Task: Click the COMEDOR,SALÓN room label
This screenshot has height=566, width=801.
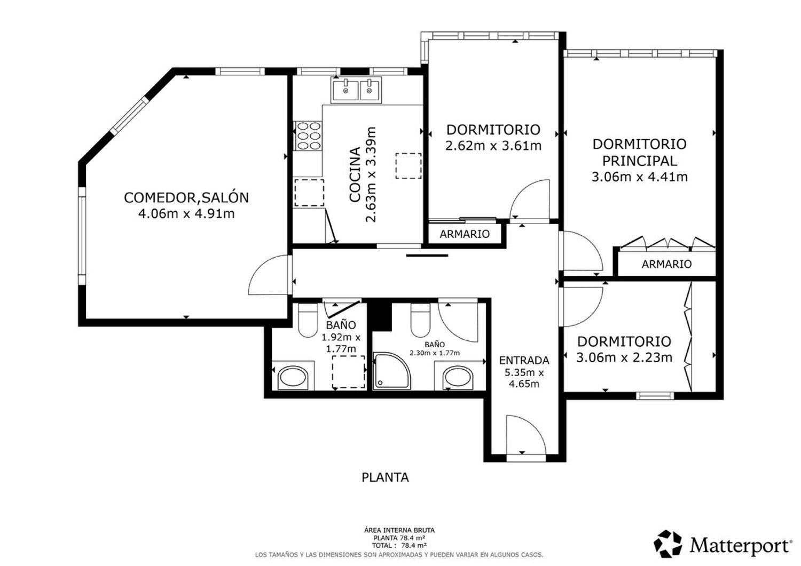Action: point(186,197)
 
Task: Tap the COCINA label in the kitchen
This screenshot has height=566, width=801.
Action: point(355,175)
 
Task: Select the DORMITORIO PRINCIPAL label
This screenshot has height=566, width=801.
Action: point(640,153)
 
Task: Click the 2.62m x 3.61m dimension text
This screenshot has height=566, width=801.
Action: point(493,146)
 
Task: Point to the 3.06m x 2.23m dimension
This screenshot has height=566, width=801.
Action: point(624,357)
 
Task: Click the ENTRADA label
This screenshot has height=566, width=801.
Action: point(524,360)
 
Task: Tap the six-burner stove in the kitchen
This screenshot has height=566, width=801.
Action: point(308,136)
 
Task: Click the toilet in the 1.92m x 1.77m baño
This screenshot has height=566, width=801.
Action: point(308,320)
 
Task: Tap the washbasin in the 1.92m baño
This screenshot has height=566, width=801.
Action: point(293,378)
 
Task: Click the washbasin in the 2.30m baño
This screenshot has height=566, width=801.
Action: point(458,378)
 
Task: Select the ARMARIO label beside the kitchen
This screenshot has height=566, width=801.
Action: point(465,234)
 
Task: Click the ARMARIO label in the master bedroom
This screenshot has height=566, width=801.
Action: point(666,264)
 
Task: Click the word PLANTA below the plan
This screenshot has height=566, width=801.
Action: point(385,478)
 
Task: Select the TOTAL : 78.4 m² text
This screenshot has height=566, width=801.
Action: point(399,546)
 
